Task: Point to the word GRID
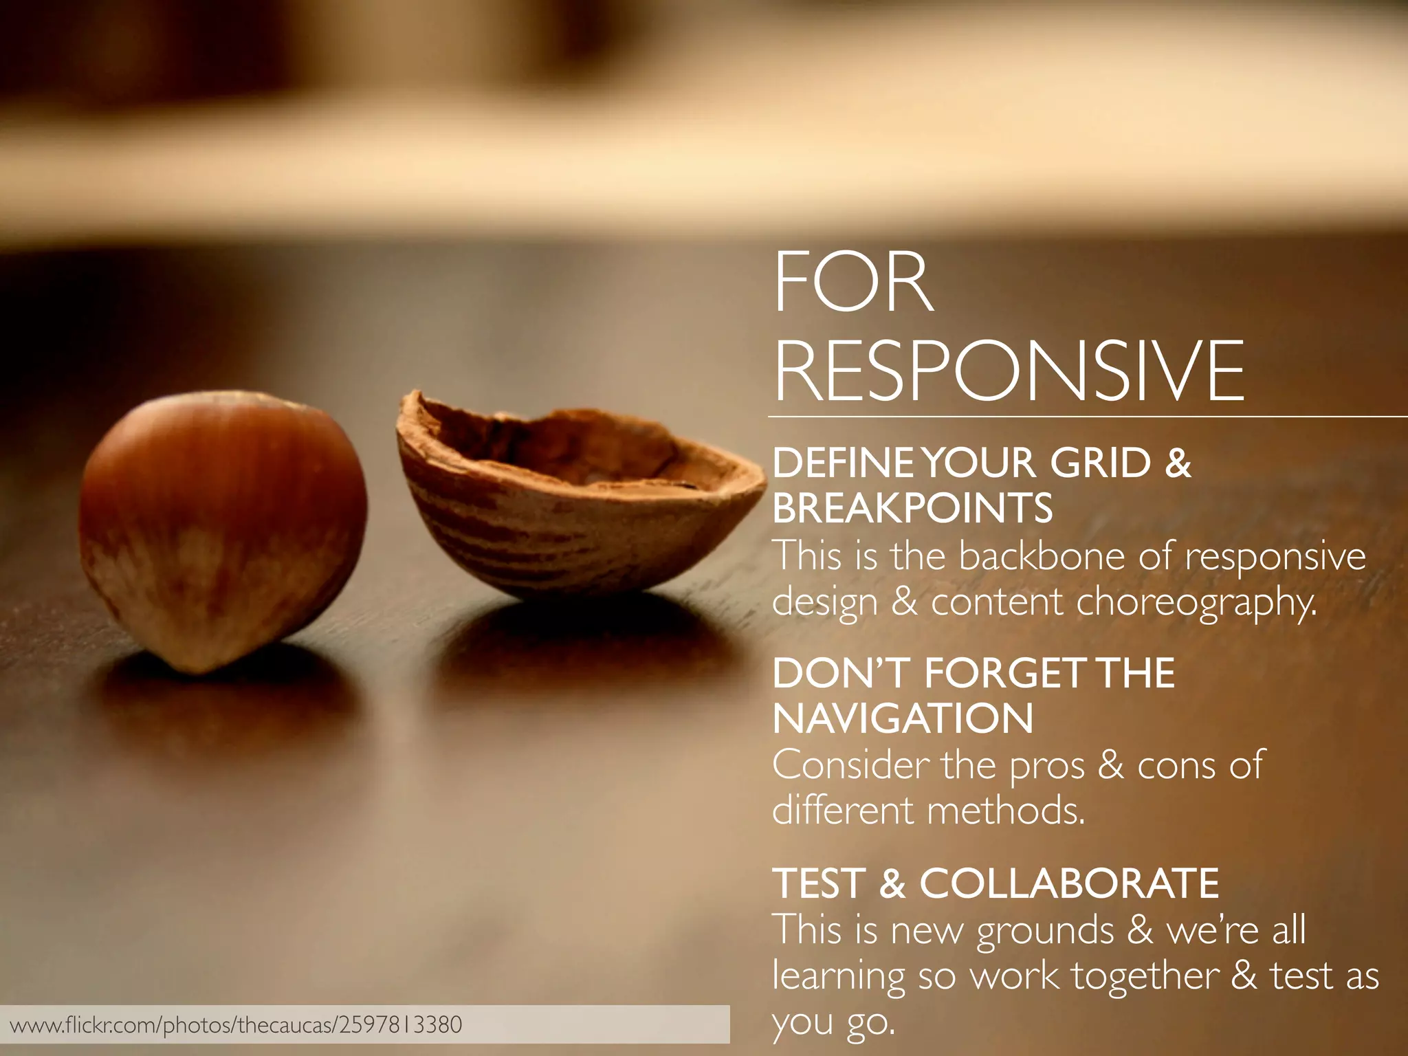[1100, 463]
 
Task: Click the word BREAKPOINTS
[912, 509]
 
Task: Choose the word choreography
[1196, 602]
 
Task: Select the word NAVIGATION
[903, 719]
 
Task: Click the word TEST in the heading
[817, 883]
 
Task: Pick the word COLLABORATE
[1069, 883]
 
